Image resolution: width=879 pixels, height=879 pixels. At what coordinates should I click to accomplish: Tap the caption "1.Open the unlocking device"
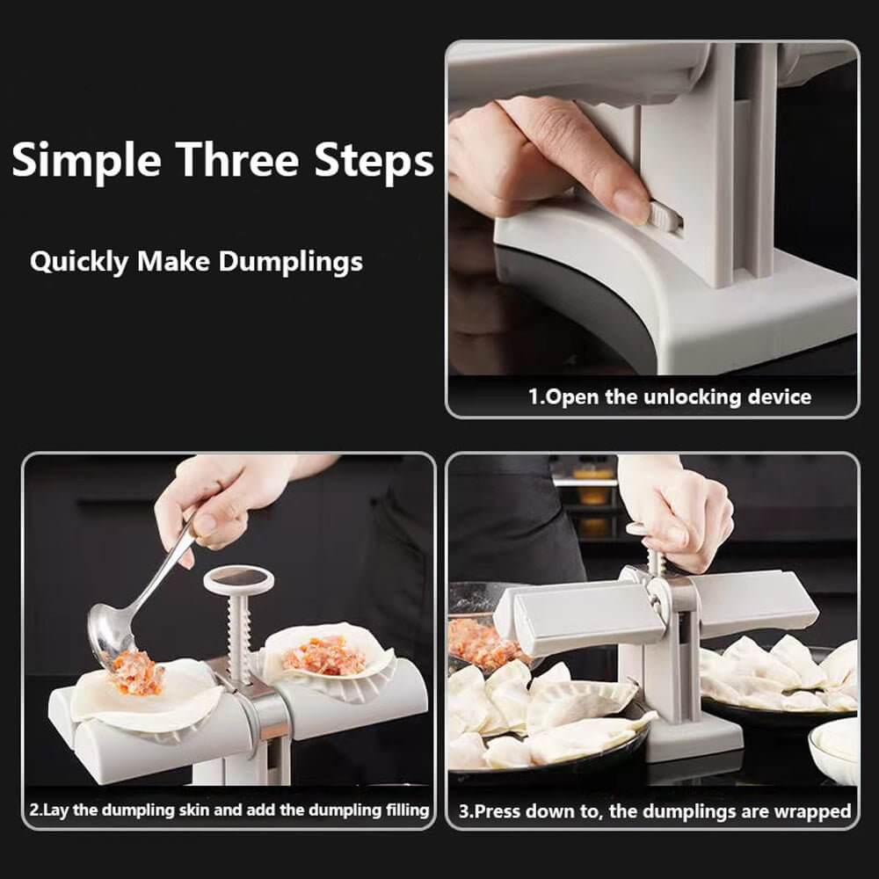tap(669, 396)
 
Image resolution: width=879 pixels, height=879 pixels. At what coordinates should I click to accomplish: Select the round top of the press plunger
tap(238, 579)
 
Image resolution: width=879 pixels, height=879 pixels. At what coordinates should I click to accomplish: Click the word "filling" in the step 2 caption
tap(400, 810)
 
